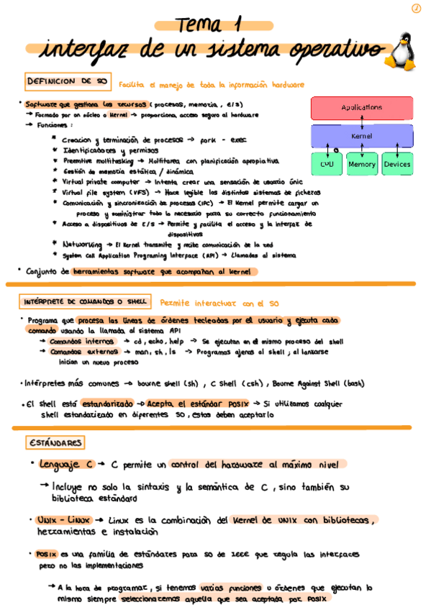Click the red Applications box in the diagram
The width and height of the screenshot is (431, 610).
(x=361, y=108)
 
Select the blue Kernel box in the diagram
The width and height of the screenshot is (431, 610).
(x=361, y=136)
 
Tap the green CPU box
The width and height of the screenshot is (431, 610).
(x=326, y=164)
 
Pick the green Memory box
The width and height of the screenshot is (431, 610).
(x=361, y=164)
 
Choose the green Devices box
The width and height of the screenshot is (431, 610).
(x=396, y=164)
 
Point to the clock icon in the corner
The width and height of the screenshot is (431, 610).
(x=416, y=8)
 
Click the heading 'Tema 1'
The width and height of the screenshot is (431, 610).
(x=209, y=24)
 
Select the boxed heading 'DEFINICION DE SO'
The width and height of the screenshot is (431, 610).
(x=67, y=82)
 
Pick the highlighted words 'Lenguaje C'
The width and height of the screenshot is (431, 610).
(x=67, y=465)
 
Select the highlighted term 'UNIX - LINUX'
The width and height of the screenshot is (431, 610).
(x=63, y=519)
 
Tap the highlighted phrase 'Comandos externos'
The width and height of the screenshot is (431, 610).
(x=83, y=352)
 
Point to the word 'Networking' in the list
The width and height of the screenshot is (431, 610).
(x=83, y=245)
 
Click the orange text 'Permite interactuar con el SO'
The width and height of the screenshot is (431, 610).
(x=219, y=304)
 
